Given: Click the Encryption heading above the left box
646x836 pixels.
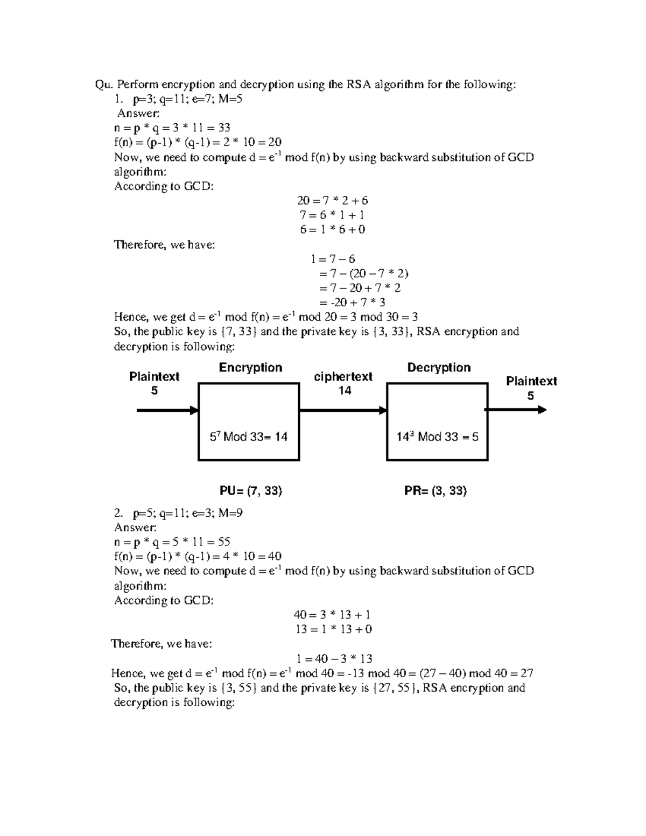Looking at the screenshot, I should coord(250,368).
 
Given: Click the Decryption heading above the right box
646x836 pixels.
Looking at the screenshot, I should coord(439,368).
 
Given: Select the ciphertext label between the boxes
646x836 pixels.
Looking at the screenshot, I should coord(343,377).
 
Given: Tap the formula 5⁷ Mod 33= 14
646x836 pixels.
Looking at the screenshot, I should coord(249,437).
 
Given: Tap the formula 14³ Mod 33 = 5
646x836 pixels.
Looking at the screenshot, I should coord(437,437).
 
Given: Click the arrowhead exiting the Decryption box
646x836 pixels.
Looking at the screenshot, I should coord(542,410).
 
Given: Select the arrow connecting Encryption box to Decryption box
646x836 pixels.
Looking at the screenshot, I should coord(343,410).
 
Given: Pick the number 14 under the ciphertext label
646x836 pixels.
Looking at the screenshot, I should coord(345,391).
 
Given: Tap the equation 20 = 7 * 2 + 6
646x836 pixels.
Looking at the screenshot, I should coord(332,201).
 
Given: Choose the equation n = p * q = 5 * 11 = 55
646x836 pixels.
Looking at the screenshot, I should coord(172,542).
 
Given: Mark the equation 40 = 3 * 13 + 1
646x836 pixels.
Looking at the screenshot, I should coord(332,615).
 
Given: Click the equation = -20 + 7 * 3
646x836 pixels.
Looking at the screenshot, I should coord(352,303).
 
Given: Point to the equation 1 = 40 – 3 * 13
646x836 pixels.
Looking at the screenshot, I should coord(334,659).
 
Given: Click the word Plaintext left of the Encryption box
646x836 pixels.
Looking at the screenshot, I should coord(154,377).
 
